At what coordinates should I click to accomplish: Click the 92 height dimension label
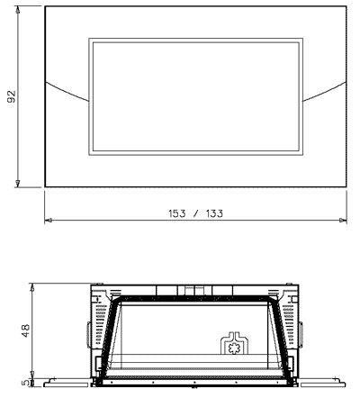pos(12,96)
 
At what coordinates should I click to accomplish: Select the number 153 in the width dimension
pos(177,213)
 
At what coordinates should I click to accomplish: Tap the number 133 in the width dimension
pos(214,213)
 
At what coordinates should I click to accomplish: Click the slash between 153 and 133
pos(196,213)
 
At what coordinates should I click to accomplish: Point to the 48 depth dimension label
pos(26,330)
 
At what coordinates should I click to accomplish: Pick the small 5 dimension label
pos(26,383)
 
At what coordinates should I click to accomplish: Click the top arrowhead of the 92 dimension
pos(18,10)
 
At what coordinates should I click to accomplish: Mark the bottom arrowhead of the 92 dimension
pos(18,184)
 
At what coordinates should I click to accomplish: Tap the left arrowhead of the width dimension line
pos(49,220)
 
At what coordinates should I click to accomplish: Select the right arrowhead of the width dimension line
pos(343,220)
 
